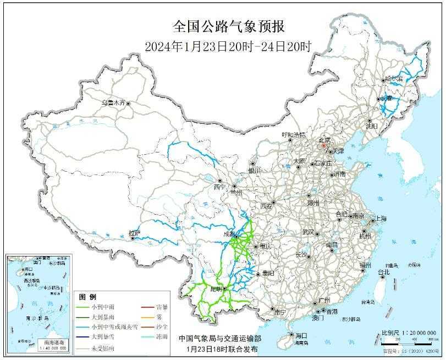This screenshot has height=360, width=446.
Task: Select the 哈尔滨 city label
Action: (x=394, y=79)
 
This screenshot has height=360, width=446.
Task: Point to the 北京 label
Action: (x=326, y=141)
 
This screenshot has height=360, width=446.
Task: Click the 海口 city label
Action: (x=300, y=335)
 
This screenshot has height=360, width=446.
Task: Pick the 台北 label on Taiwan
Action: (x=383, y=272)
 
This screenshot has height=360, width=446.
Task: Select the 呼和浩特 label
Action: (x=293, y=134)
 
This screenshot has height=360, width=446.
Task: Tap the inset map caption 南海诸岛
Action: (x=38, y=342)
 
